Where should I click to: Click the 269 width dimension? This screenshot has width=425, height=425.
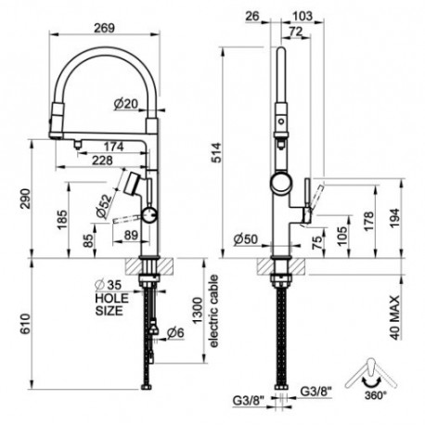[104, 28]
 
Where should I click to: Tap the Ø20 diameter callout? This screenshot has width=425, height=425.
[125, 104]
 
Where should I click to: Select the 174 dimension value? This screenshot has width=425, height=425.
[113, 147]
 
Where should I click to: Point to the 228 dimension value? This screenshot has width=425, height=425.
[103, 161]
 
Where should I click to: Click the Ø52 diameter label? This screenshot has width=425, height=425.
[104, 206]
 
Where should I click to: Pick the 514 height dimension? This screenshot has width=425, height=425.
[216, 152]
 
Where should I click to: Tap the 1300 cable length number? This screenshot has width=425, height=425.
[198, 310]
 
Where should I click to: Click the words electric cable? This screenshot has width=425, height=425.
[213, 311]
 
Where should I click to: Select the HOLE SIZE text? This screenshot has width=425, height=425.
[111, 304]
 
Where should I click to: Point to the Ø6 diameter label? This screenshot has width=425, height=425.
[175, 333]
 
